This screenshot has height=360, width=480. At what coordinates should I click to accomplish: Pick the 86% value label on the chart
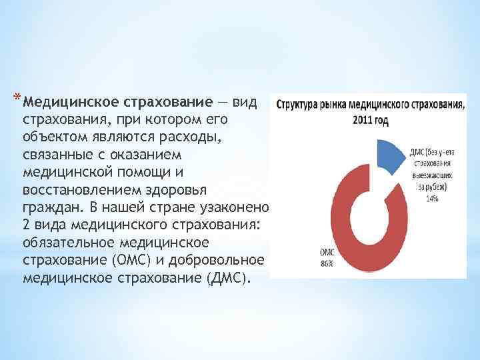point(327,264)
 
